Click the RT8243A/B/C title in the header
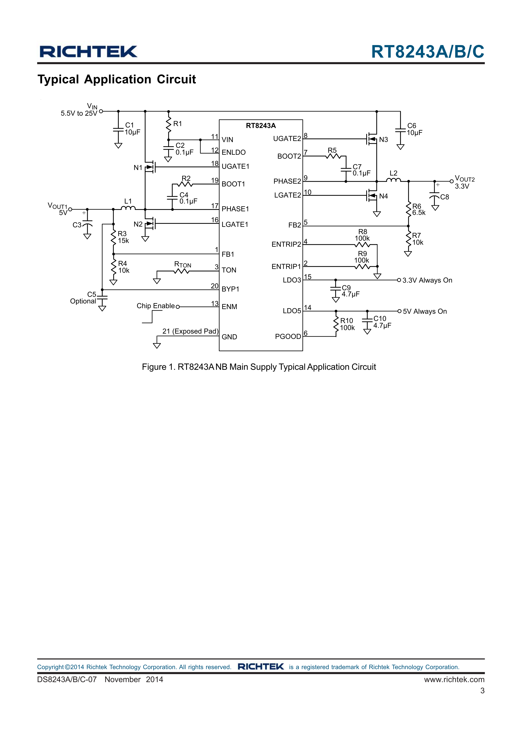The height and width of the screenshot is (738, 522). pos(427,52)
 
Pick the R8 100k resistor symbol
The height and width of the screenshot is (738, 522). pos(362,245)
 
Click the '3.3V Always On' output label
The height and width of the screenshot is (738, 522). pos(427,280)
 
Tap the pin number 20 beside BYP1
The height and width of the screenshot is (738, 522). pos(215,286)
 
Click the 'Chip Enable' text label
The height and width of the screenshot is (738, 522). pos(156,306)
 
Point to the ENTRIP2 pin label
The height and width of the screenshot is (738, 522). pos(286,244)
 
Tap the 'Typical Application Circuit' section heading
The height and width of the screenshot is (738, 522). pos(116,79)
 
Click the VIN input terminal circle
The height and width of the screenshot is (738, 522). pos(101,111)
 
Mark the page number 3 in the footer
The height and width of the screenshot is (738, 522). pos(482,690)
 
